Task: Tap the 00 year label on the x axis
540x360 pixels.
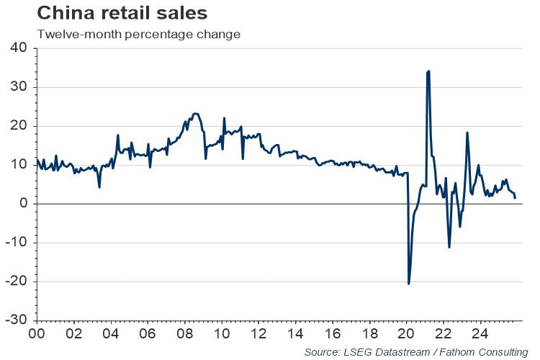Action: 37,334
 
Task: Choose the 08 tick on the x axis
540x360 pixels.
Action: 185,334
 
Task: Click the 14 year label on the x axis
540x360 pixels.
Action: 296,334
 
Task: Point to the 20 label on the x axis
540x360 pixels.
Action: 407,334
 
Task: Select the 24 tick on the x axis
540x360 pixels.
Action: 481,334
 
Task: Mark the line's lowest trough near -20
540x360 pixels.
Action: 409,284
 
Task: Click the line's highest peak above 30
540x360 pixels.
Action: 428,71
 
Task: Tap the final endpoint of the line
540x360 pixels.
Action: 515,197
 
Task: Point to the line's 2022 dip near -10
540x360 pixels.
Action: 449,247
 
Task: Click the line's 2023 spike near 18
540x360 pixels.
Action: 467,132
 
